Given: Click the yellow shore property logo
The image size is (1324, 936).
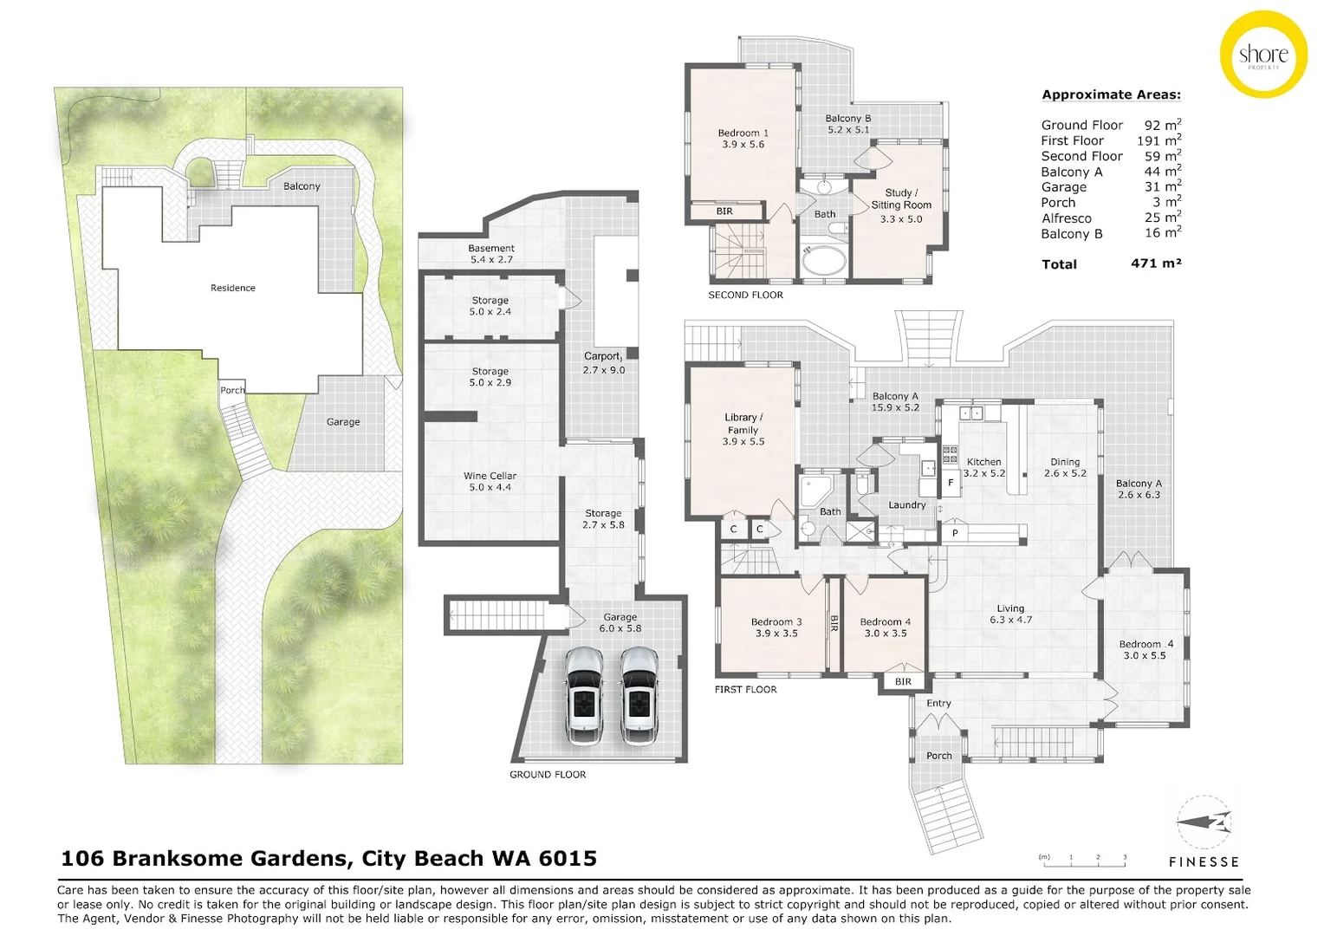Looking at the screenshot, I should point(1262,55).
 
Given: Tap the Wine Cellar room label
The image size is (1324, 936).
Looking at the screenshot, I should point(490,482).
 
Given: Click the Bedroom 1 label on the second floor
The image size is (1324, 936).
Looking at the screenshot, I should point(743,139).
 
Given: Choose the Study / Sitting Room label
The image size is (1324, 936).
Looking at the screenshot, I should point(901,205).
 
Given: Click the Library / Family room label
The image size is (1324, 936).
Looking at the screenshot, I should point(743,429).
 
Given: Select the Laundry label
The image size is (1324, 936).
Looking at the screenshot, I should point(906,504).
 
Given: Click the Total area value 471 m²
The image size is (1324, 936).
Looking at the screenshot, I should point(1156,263).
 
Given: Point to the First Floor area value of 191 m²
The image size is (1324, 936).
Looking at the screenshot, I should point(1158,140).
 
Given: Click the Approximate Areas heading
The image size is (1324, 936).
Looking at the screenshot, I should point(1111,94).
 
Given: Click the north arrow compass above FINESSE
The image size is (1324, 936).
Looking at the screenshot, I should point(1204,822).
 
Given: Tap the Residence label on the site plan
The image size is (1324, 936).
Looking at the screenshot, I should point(233,288).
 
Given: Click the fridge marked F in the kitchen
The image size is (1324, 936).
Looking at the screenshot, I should point(951,483).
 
